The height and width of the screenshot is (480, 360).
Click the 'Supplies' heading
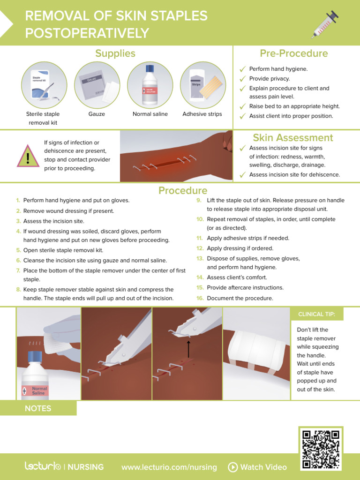[115, 53]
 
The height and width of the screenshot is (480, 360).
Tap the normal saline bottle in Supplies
[150, 84]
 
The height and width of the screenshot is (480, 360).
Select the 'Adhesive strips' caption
[202, 114]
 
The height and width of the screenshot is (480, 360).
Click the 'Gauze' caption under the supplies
[97, 114]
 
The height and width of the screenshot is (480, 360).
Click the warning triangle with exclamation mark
[28, 156]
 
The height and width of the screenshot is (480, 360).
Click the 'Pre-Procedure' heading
[294, 53]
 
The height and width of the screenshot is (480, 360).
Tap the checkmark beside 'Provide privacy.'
[242, 79]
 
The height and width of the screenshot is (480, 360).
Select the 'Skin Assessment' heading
[293, 137]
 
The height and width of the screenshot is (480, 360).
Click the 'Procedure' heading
[183, 190]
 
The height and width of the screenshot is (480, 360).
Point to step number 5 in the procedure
[18, 250]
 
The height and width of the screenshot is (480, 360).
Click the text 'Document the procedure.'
[240, 298]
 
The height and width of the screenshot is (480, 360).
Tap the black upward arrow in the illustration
[188, 349]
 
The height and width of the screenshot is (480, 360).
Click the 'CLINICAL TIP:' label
[317, 314]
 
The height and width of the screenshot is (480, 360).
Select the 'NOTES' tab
[38, 408]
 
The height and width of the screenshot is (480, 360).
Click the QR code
[320, 449]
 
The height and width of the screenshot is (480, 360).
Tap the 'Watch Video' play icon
[232, 467]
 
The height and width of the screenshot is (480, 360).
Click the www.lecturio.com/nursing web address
[169, 467]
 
